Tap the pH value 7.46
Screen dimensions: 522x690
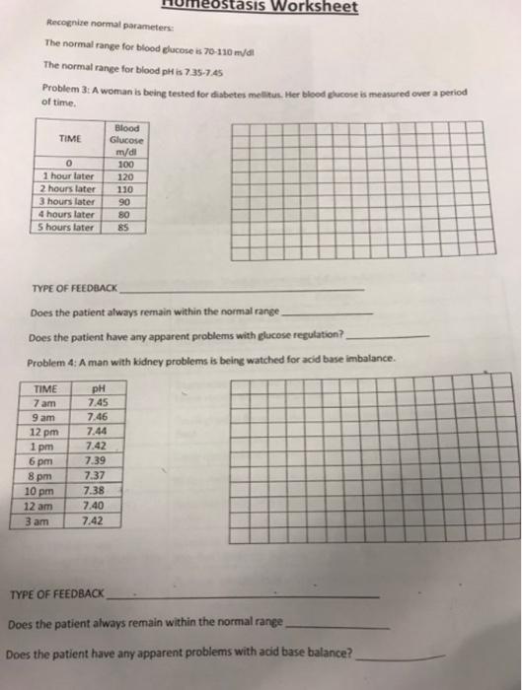pyautogui.click(x=97, y=416)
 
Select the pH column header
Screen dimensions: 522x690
pyautogui.click(x=97, y=387)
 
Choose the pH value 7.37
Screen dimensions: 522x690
pyautogui.click(x=97, y=476)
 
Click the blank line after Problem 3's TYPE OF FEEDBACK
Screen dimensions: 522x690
pyautogui.click(x=242, y=291)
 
